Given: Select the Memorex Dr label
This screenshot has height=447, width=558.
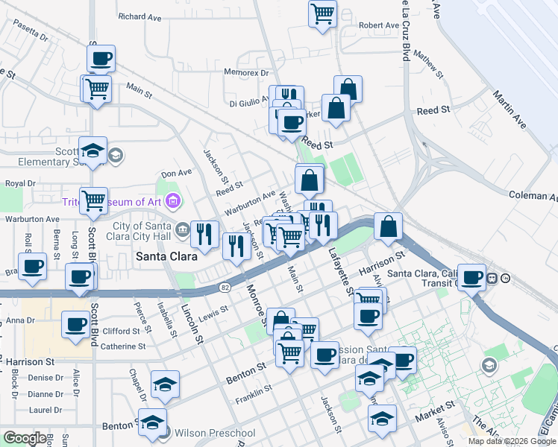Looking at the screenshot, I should [246, 73].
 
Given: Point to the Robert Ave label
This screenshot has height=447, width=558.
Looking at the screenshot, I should [379, 25].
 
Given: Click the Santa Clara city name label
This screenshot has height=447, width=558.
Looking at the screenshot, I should [166, 256].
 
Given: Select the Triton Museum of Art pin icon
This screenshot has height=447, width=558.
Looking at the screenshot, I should [174, 200].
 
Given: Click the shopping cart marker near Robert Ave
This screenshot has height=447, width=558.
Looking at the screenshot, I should [322, 13].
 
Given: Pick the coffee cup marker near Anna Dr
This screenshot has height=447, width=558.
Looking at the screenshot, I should [75, 324].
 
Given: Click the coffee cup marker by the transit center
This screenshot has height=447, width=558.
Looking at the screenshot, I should [471, 277].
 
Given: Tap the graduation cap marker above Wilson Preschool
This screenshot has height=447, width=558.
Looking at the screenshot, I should [165, 384].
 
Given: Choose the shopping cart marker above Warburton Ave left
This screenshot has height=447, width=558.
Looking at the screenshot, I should [93, 200].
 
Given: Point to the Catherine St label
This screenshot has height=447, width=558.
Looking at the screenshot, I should [124, 346].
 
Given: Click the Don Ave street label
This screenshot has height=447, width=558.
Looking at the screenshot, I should [177, 173].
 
